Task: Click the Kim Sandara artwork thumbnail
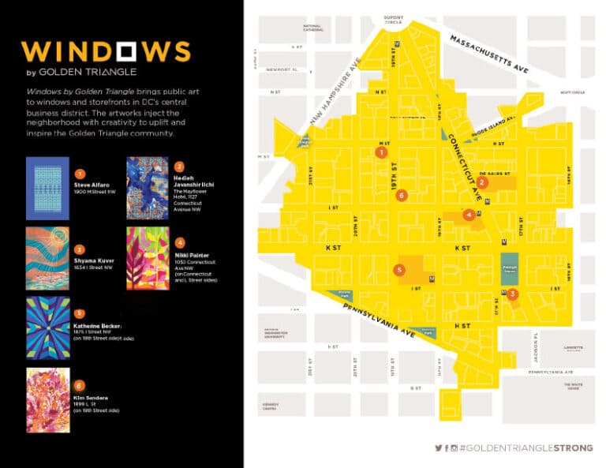47,399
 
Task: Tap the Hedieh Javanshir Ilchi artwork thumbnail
148,188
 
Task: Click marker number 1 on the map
381,152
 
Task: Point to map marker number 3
513,294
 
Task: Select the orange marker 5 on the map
400,270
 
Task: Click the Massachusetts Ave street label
488,55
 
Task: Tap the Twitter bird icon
439,447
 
